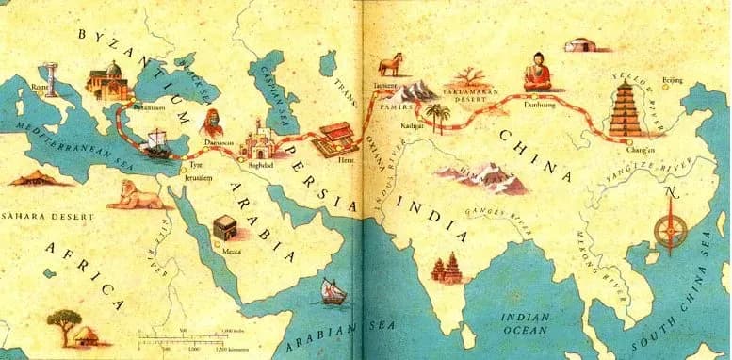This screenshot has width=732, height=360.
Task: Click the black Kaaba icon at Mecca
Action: pyautogui.click(x=223, y=225)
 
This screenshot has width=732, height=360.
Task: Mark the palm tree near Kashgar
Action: pyautogui.click(x=434, y=116)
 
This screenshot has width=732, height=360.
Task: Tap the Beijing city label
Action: pyautogui.click(x=673, y=80)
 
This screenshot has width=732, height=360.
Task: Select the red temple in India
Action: pyautogui.click(x=443, y=268)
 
